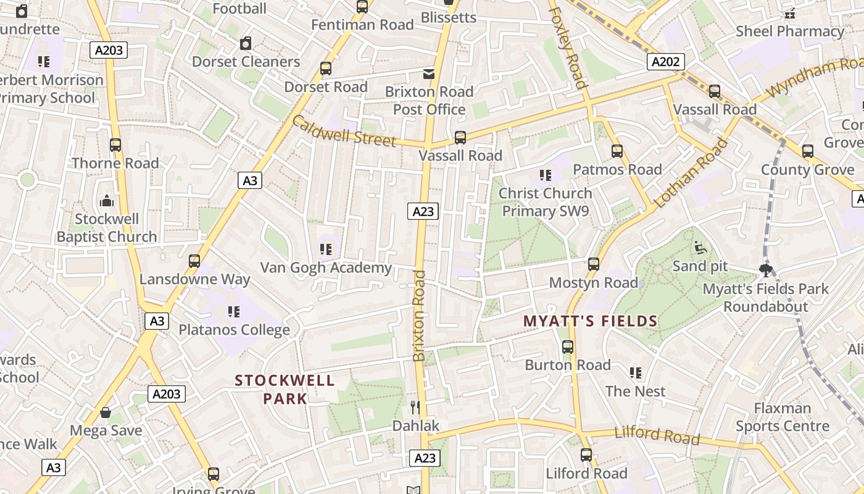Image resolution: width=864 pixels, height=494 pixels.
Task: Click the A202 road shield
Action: coord(665,61)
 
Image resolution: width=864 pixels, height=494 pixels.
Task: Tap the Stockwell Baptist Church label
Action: coord(107,228)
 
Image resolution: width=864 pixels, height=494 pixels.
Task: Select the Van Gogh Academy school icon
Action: coord(326,249)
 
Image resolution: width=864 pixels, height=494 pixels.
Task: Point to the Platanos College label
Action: coord(234,330)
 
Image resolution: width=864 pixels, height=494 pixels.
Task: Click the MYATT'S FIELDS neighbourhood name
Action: coord(590,321)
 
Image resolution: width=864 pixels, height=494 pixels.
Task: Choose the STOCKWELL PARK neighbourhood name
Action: coord(285,389)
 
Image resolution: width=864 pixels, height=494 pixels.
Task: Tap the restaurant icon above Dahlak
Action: coord(415,407)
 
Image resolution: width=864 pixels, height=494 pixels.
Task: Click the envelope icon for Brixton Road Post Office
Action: coord(428,74)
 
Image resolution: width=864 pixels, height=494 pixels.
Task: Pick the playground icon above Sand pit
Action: coord(700,248)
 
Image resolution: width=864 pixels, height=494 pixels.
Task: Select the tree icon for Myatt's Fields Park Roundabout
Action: coord(766,270)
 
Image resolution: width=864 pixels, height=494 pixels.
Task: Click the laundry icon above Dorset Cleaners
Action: coord(246,43)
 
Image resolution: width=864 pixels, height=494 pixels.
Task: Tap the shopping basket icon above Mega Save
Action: coord(106,412)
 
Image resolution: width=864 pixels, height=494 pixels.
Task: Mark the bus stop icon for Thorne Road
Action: coord(115,145)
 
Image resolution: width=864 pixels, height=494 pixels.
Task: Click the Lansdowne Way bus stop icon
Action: coord(194,261)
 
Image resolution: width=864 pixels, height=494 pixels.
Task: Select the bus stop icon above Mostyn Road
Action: coord(594,264)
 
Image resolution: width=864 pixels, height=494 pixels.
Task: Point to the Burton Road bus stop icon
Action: coord(568,347)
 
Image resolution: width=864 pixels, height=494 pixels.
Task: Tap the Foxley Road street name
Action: coord(567,47)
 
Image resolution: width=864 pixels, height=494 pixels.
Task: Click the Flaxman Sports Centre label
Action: coord(782,417)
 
